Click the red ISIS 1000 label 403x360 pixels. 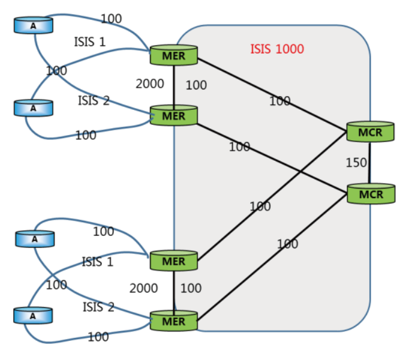coord(276,49)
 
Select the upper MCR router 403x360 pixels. coord(370,131)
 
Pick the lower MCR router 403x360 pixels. coord(371,194)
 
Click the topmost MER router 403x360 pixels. coord(173,55)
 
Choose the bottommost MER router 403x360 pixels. coord(173,320)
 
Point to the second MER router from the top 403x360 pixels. coord(173,115)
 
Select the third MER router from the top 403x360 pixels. coord(173,261)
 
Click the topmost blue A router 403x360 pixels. coord(34,25)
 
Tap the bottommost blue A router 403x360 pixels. coord(34,315)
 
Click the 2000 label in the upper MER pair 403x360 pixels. coord(149,84)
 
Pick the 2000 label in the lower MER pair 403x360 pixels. coord(143,288)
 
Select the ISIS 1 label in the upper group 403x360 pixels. coord(89,41)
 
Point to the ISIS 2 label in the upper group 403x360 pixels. coord(94,100)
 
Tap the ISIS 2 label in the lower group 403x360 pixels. coord(98,307)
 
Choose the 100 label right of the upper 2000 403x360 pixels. coord(196,85)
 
